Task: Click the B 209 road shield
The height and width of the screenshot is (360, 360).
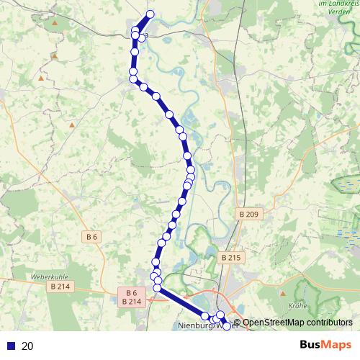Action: [x=246, y=214]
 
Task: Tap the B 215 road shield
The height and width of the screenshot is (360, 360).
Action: [x=230, y=257]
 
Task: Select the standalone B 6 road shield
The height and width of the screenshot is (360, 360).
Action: [x=91, y=236]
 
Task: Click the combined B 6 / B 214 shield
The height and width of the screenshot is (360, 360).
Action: [x=131, y=297]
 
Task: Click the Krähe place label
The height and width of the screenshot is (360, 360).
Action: [x=297, y=306]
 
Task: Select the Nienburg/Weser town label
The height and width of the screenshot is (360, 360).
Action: [x=203, y=325]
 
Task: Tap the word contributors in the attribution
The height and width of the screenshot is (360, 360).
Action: [x=329, y=322]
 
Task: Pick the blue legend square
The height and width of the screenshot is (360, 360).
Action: [x=11, y=346]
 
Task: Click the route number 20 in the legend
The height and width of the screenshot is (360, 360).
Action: [x=27, y=346]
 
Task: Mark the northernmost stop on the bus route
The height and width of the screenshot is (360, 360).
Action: [x=150, y=14]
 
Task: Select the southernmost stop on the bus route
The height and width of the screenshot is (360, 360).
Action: [x=228, y=326]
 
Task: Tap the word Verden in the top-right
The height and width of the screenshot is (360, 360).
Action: [x=333, y=12]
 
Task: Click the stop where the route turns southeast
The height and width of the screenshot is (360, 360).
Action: [x=158, y=288]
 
